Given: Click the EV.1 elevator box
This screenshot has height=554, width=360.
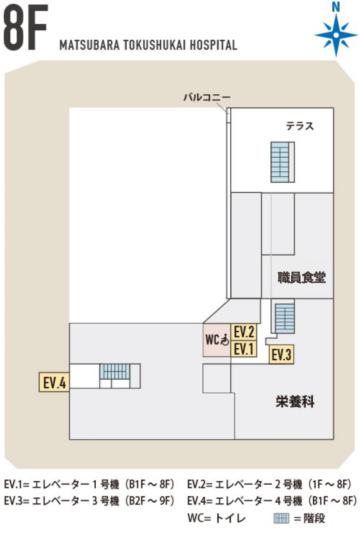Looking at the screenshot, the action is click(x=244, y=349).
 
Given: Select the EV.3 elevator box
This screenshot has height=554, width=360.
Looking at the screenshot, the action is click(x=281, y=354).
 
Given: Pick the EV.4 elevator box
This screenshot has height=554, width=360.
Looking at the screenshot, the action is click(x=54, y=382).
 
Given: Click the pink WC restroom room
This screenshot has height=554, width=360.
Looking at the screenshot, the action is click(x=217, y=340).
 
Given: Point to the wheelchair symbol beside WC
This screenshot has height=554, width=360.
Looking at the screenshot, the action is click(x=225, y=339).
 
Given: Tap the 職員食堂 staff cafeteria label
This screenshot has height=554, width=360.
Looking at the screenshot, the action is click(x=301, y=277).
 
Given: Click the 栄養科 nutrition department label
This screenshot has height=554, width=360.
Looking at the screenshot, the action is click(x=295, y=401).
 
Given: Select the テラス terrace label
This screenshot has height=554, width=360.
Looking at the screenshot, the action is click(x=300, y=126).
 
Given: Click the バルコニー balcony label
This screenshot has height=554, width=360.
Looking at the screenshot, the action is click(x=207, y=97).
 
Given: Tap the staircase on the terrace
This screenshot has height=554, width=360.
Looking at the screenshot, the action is click(x=282, y=162).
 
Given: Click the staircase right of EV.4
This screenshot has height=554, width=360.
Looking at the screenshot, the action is click(x=115, y=371).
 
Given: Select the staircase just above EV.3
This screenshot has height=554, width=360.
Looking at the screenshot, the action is click(x=285, y=318).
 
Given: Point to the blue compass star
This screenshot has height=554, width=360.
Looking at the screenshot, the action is click(x=336, y=35).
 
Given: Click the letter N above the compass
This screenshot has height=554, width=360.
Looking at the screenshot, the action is click(x=336, y=7).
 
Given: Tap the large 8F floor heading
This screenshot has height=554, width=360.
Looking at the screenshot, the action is click(x=25, y=27).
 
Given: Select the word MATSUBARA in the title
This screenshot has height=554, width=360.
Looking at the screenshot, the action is click(x=89, y=45).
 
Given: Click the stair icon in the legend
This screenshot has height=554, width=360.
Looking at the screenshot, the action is click(x=281, y=519).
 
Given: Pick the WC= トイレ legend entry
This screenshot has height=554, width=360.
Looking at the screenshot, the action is click(x=217, y=518).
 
